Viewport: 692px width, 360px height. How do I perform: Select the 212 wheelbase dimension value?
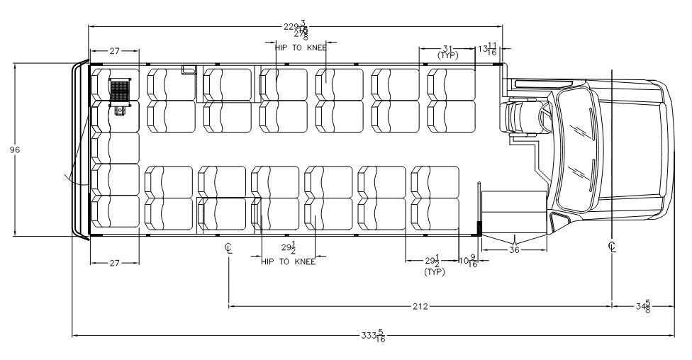click(x=420, y=306)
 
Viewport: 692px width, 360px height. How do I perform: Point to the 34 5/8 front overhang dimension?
click(x=644, y=306)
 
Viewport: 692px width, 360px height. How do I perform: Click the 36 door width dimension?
click(x=514, y=249)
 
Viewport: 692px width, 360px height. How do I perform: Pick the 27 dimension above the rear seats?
click(x=114, y=51)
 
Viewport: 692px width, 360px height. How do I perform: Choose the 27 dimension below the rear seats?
click(x=114, y=262)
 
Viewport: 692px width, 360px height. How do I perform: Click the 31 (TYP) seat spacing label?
click(x=447, y=51)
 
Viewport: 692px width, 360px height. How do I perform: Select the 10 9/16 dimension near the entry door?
click(x=469, y=261)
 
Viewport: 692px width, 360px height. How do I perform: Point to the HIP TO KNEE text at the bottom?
click(x=288, y=261)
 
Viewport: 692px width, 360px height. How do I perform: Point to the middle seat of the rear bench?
click(x=116, y=147)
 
